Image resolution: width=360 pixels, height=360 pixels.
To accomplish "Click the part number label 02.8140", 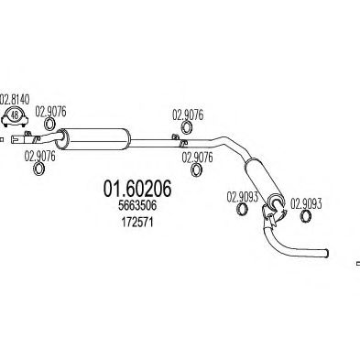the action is coord(15,100).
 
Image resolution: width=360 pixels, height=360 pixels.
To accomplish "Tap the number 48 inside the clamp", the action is coord(15,115).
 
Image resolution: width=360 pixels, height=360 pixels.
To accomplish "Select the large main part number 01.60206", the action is coord(137,189).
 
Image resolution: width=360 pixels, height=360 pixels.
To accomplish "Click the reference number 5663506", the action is coord(137,205).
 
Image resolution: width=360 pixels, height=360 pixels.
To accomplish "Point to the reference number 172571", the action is coord(137,223).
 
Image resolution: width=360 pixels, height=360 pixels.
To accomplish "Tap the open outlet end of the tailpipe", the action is coord(327,253).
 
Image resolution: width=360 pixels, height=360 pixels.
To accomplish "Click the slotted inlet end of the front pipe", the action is coord(16,139).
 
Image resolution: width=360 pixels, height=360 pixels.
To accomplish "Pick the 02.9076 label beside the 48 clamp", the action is coord(50,112).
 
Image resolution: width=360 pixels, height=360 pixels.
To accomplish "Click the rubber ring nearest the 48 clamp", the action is coord(49,124).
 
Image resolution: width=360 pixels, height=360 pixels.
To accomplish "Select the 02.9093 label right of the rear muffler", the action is coord(306,204).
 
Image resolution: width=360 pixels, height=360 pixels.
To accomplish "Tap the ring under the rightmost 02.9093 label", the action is coord(306,216).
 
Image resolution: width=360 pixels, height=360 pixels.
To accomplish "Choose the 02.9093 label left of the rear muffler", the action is coord(242,197).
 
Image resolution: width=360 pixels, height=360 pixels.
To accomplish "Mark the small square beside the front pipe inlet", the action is coord(2,140).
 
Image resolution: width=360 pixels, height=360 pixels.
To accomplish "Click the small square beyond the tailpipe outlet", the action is coord(358,264).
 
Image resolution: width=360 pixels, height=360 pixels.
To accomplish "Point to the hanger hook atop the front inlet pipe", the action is coord(27,134).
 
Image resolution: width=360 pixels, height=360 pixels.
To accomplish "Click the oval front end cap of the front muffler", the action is coord(61,139).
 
